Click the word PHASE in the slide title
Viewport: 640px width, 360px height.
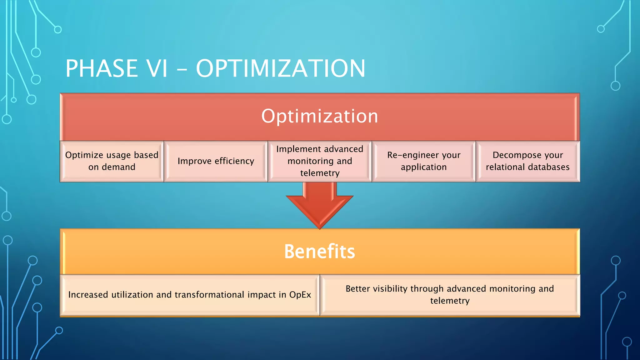(101, 68)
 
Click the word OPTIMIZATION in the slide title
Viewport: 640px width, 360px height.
(280, 68)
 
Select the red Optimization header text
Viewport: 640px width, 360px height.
(320, 116)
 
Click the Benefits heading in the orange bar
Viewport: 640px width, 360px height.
(319, 252)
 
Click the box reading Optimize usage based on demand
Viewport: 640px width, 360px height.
(112, 161)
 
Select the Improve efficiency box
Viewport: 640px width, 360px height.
(216, 161)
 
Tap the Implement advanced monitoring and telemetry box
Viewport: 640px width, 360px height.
(320, 161)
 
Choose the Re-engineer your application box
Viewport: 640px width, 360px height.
(424, 161)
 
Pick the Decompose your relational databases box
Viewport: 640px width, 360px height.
(527, 161)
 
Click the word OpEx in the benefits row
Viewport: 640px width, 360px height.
(300, 295)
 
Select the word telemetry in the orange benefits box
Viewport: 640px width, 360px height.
(450, 301)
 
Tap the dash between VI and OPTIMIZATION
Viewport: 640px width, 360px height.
(182, 69)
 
